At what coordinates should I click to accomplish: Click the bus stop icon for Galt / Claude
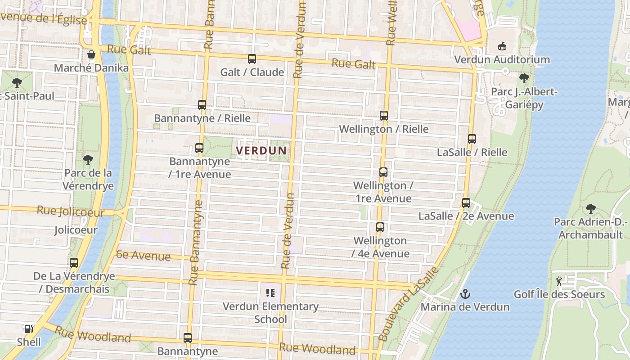point(252,59)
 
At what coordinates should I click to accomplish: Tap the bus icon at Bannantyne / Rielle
point(202,105)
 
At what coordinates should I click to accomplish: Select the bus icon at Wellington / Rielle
point(384,116)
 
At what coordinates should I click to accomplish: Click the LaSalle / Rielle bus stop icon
point(472,139)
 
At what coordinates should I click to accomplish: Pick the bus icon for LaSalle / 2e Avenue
point(466,203)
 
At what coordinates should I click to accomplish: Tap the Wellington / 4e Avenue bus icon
point(380,227)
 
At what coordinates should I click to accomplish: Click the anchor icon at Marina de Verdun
point(465,294)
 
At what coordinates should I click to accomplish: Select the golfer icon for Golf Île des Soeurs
point(559,281)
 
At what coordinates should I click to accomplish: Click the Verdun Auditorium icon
point(502,46)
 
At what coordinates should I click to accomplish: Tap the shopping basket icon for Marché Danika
point(91,55)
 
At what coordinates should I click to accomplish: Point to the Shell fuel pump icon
point(29,329)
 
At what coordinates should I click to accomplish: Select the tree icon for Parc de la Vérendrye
point(88,159)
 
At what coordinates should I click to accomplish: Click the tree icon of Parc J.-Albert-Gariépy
point(524,78)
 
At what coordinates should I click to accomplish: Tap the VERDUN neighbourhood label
point(261,150)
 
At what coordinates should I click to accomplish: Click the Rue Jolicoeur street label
point(71,211)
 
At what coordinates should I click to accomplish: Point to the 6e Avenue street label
point(137,256)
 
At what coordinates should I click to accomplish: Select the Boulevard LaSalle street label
point(408,304)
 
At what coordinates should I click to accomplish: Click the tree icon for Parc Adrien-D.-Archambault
point(591,209)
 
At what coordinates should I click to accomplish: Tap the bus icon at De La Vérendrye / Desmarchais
point(74,263)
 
